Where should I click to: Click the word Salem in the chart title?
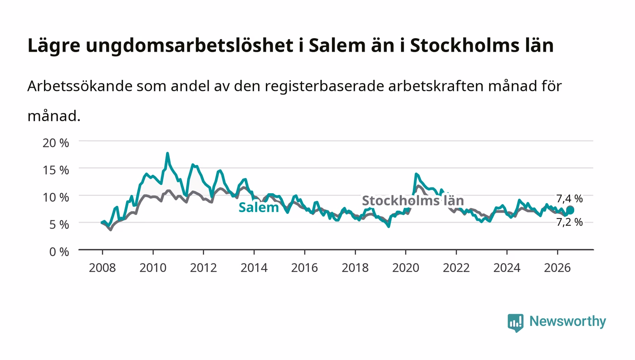337,45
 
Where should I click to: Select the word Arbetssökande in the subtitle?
80,86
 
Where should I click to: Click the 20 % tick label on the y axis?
56,143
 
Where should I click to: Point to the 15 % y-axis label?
56,170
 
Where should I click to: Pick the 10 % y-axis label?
56,197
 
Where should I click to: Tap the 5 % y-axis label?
59,224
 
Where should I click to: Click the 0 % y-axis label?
59,252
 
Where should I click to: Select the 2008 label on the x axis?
103,268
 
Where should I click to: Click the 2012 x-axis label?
204,268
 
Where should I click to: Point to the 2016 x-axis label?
304,268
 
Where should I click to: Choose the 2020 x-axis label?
405,268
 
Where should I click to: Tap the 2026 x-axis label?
557,268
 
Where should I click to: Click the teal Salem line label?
259,207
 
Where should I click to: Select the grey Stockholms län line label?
413,200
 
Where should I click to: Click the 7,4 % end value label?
569,199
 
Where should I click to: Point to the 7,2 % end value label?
569,222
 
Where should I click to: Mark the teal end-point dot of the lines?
570,210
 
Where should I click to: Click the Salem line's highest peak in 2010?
167,153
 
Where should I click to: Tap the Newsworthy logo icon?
515,323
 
